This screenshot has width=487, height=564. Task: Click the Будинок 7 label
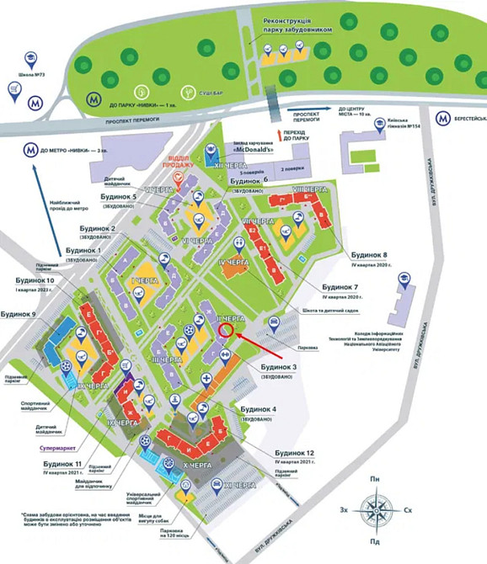point(345,287)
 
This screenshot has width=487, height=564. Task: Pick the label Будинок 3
point(270,367)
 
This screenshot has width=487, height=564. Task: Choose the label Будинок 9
point(20,313)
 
